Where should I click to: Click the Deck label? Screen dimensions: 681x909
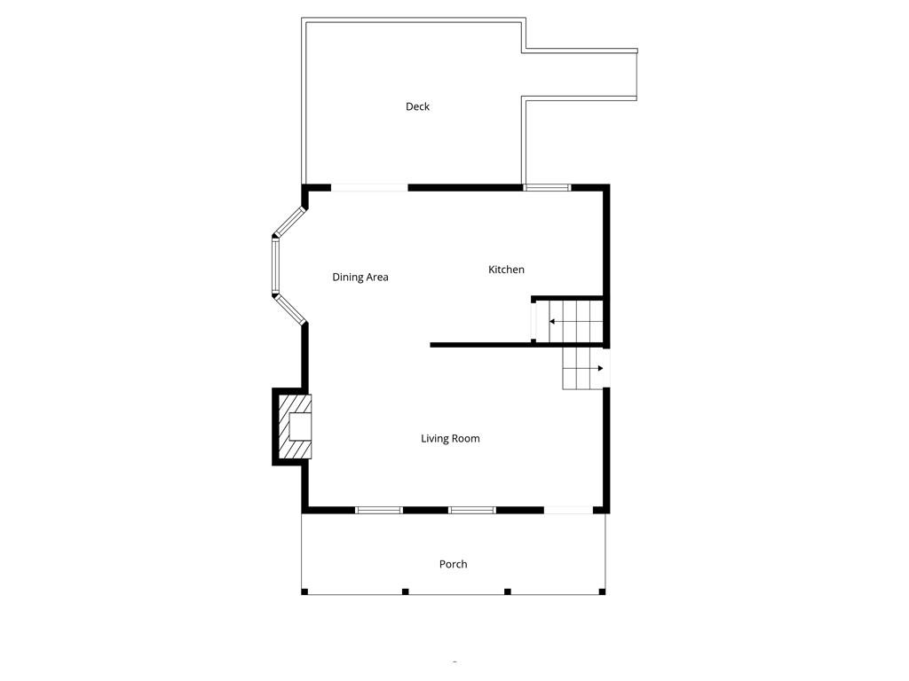[417, 106]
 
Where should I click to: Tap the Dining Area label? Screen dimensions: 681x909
[360, 278]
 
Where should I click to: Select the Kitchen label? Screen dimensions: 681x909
[506, 270]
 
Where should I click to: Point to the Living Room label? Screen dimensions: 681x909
[450, 438]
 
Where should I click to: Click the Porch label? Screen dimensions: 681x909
[453, 564]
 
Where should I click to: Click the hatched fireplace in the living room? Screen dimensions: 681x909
[296, 427]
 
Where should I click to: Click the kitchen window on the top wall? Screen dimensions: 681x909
[547, 187]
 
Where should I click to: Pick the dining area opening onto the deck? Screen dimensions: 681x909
[369, 187]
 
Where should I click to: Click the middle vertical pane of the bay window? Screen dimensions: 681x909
[275, 266]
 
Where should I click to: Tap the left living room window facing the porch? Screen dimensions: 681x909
[379, 510]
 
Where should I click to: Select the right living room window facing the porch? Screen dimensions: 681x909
[471, 510]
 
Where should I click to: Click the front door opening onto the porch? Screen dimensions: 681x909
[568, 510]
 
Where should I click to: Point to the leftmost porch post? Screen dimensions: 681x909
[304, 591]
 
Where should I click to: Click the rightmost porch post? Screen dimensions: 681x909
[602, 591]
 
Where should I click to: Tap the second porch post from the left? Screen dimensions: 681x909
[405, 591]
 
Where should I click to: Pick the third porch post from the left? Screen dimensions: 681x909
[507, 591]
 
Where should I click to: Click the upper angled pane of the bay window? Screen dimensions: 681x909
[289, 221]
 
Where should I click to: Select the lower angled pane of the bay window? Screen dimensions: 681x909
[289, 309]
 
